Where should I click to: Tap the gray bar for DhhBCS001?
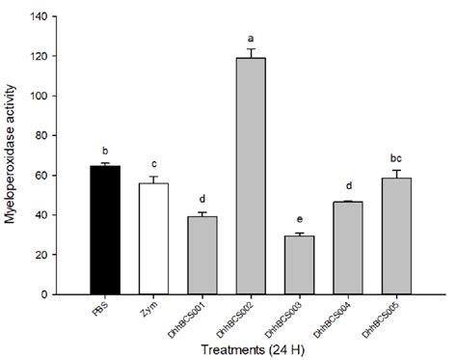(202, 255)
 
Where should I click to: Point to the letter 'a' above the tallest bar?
(251, 38)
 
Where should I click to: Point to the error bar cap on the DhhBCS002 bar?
(251, 49)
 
